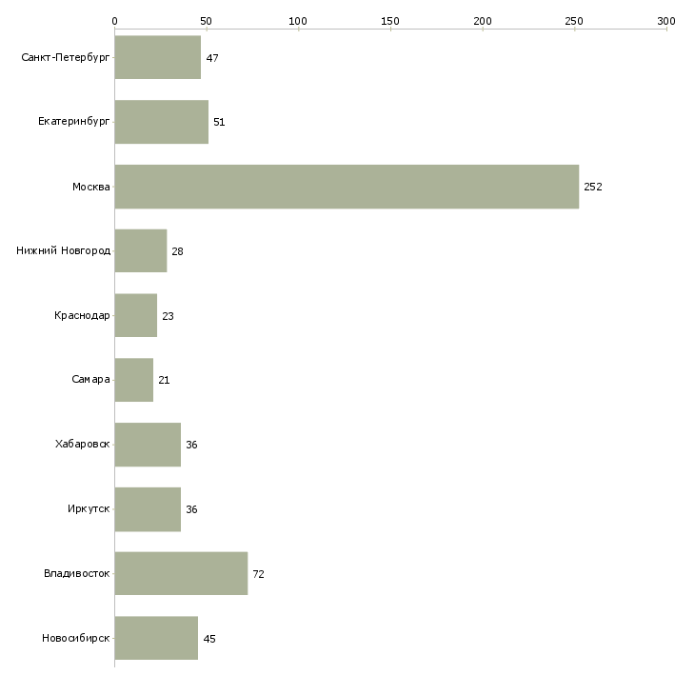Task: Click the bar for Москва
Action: pos(347,187)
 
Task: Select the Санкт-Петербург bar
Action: pos(158,57)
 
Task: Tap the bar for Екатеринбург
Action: pos(161,122)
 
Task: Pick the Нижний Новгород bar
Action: pos(141,251)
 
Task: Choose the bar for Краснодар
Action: pos(136,315)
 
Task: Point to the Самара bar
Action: pos(134,380)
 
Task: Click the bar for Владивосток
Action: pos(181,573)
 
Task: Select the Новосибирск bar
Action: pos(156,638)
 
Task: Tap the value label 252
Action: pos(593,187)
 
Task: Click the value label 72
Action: pos(258,574)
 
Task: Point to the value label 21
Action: pos(164,380)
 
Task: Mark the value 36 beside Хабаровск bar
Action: pos(191,445)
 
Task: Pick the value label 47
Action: pos(212,58)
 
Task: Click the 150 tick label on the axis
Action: pos(390,21)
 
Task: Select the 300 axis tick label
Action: pos(666,21)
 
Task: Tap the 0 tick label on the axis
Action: pos(115,21)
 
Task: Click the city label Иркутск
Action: pos(89,508)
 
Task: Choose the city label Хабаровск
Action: pos(83,444)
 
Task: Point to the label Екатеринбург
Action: pos(73,122)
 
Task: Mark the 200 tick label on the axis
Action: pos(483,21)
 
